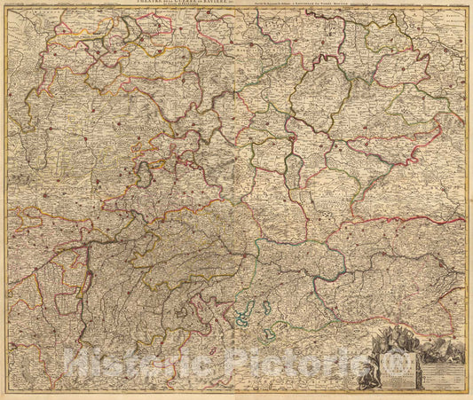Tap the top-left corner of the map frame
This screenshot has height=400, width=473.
click(x=8, y=8)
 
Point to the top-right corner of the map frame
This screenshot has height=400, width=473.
click(x=465, y=8)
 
